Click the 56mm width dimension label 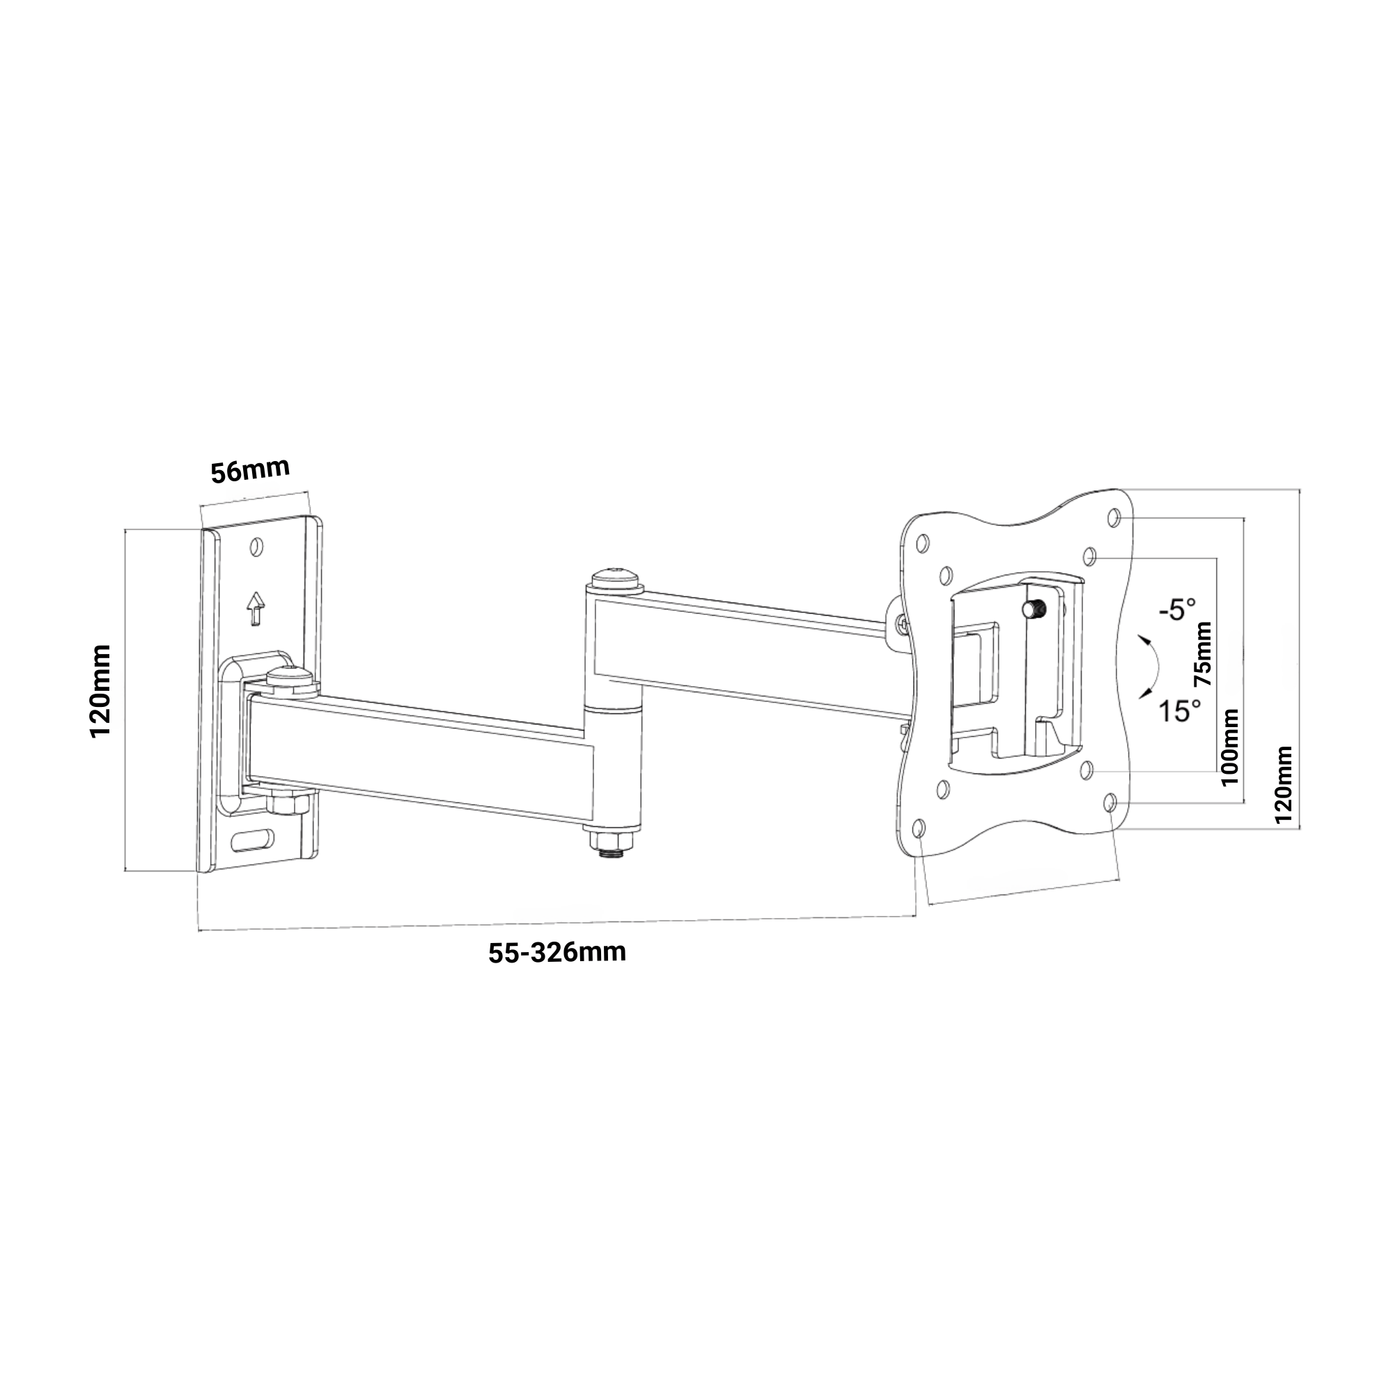(x=250, y=470)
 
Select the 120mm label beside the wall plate (x=100, y=691)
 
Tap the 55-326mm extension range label (x=557, y=952)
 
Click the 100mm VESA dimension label (x=1230, y=747)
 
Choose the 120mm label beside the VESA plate (x=1283, y=784)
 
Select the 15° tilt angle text (x=1180, y=711)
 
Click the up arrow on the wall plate (x=254, y=609)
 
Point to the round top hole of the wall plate (x=256, y=548)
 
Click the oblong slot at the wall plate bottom (x=253, y=839)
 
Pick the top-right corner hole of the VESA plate (x=1114, y=517)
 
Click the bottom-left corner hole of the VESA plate (x=919, y=828)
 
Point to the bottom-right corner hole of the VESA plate (x=1111, y=801)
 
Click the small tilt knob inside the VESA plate (x=1033, y=609)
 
